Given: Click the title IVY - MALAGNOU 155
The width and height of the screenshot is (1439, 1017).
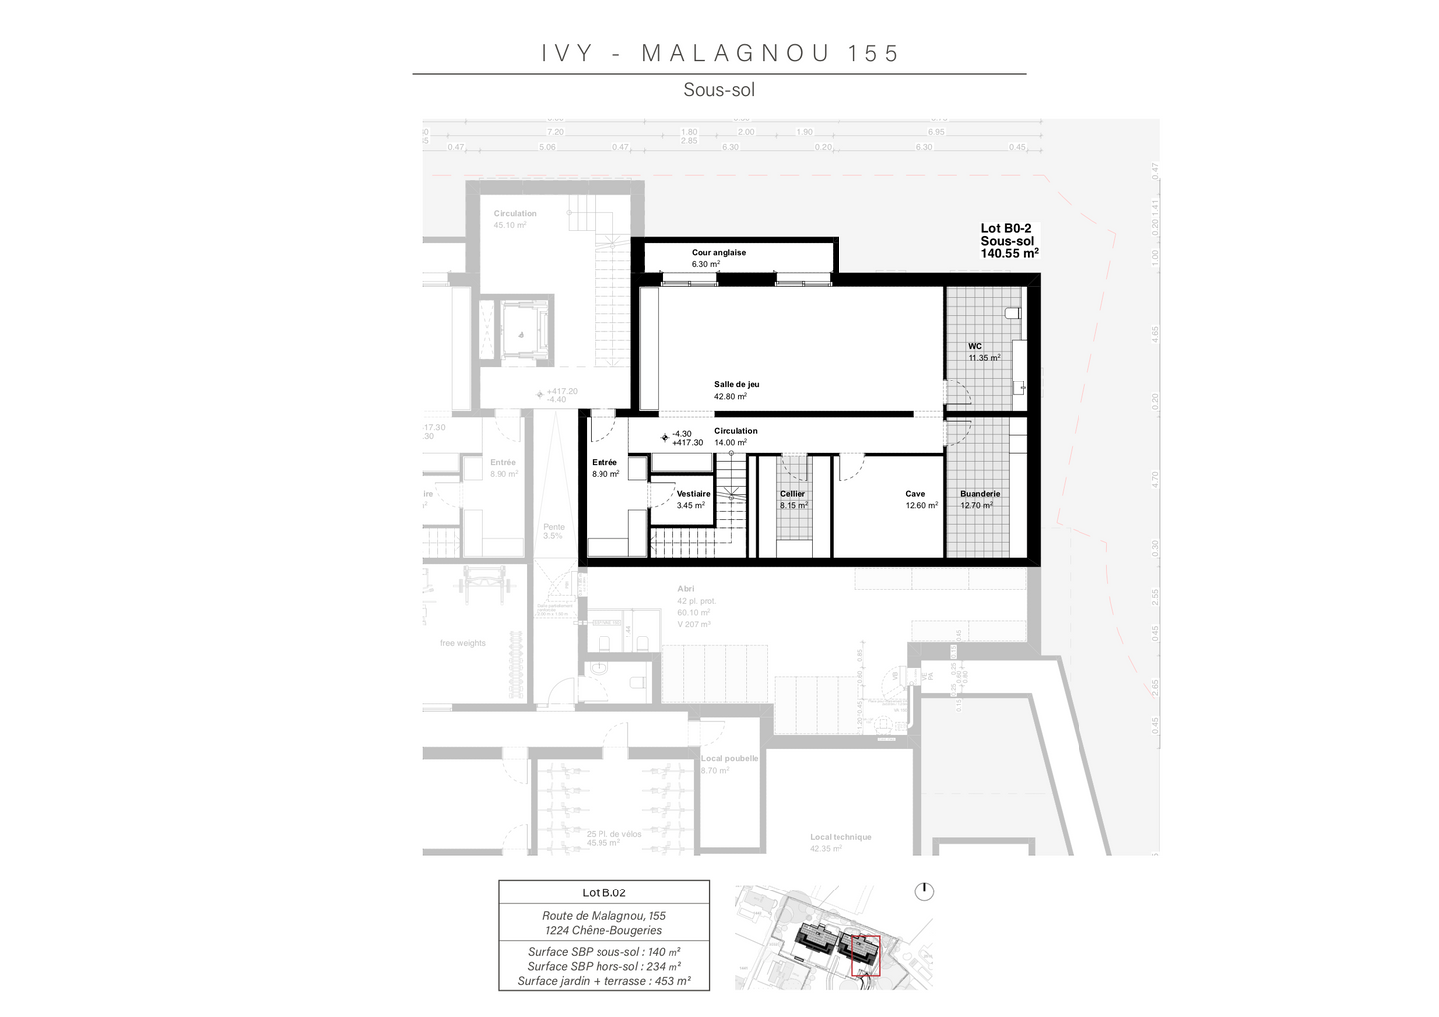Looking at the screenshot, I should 720,53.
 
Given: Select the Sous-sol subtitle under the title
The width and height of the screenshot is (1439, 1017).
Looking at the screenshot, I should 719,90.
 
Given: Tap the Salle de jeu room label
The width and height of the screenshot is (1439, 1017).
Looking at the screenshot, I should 736,385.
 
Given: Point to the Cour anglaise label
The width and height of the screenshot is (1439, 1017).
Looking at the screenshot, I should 718,253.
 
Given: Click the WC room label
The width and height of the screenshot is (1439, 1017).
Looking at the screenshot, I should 975,347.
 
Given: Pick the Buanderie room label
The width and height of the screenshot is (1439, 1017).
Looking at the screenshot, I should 980,494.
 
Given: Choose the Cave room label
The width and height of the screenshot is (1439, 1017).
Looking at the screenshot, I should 915,494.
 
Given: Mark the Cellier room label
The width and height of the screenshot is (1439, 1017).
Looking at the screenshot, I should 792,494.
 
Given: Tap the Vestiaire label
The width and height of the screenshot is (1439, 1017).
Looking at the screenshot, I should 693,494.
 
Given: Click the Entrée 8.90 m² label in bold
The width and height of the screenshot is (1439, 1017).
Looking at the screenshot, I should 604,463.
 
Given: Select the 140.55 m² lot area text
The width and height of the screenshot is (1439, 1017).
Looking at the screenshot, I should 1009,254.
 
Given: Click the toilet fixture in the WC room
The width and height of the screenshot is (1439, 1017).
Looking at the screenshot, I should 1013,313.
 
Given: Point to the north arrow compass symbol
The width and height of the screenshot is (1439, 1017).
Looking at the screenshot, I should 924,890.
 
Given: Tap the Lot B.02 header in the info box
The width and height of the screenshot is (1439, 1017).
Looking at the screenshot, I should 603,893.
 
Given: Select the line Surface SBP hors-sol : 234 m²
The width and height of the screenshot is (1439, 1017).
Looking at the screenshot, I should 603,966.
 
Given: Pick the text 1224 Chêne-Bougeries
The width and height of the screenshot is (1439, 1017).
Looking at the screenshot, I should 603,930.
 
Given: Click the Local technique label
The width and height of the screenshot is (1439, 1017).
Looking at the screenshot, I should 839,837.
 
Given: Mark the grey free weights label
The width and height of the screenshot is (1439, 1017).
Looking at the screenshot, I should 463,643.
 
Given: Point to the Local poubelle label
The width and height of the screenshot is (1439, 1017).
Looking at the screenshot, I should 729,759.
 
